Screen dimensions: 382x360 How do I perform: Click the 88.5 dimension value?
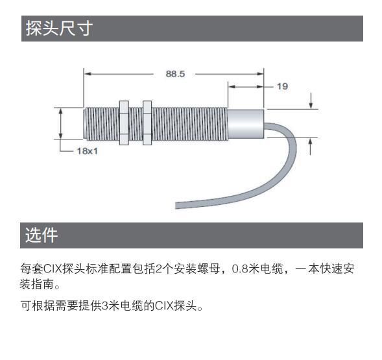click(x=175, y=74)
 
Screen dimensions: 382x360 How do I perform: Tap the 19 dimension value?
click(x=282, y=86)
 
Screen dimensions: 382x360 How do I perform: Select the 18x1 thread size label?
click(x=87, y=151)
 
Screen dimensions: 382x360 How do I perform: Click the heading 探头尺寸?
click(x=59, y=29)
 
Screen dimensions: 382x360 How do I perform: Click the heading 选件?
click(x=42, y=235)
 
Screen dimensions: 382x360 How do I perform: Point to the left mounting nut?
click(x=124, y=123)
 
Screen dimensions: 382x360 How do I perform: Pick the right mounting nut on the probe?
click(x=147, y=123)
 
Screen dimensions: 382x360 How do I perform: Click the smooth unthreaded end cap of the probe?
click(x=246, y=124)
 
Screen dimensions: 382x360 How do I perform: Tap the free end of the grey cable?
click(x=176, y=205)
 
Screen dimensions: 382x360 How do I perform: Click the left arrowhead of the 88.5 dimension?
click(x=87, y=73)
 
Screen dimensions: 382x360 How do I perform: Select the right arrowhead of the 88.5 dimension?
click(x=261, y=73)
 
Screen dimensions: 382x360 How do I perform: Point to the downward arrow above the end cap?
click(x=311, y=101)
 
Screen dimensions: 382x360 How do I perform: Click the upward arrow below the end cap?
click(x=310, y=147)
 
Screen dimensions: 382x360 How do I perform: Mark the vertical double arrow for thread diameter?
click(x=61, y=123)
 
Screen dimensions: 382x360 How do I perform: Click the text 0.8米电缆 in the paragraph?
click(x=257, y=269)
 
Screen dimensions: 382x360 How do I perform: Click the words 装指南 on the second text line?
click(x=37, y=284)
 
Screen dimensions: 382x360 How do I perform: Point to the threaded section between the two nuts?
click(x=136, y=124)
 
